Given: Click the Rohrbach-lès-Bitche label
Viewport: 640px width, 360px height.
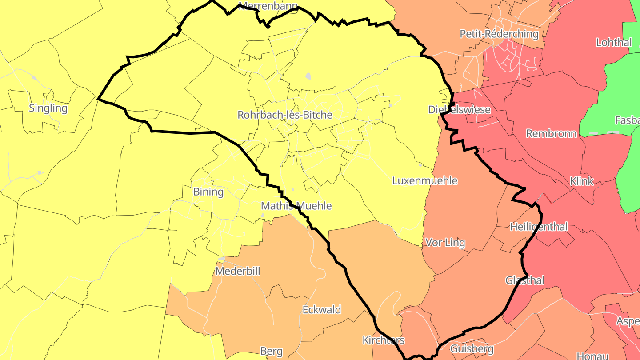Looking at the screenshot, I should coord(285,115).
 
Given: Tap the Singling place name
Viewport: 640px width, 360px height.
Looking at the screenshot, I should coord(48,108).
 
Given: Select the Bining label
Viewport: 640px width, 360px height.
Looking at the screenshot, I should coord(208,192).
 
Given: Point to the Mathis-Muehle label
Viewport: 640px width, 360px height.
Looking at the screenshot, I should coord(296,206).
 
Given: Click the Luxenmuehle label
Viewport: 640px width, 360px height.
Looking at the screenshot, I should coord(424,181).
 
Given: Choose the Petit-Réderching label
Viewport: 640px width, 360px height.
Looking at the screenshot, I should coord(499,34).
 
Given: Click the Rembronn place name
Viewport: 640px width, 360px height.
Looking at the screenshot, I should coord(551,134).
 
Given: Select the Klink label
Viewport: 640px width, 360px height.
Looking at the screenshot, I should coord(581,181).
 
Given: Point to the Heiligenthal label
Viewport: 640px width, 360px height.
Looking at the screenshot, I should coord(539,227).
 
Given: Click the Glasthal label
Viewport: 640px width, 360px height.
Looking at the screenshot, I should coord(525,280).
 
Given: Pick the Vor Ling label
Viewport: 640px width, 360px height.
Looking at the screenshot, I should coord(445,243).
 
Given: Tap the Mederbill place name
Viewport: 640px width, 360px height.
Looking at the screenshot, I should coord(238,271).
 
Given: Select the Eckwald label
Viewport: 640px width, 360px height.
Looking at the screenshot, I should coord(322,310).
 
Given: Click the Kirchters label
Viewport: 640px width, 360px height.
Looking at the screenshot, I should coord(384,340).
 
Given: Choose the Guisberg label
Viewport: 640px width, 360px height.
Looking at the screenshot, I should coord(472,349).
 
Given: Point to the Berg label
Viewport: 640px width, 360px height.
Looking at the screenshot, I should coord(271,352).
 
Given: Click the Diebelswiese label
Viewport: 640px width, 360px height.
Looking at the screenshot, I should coord(460,110).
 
